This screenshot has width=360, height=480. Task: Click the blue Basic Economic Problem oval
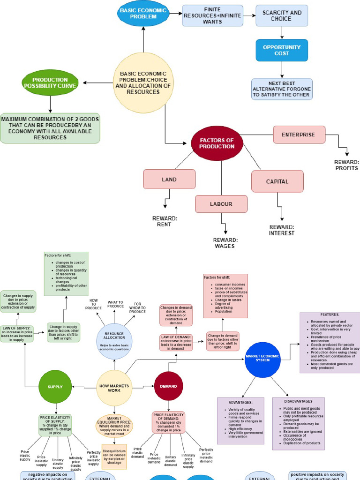tap(143, 14)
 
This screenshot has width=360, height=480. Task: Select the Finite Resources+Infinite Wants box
tap(212, 15)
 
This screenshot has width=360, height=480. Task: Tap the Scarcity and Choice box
tap(282, 15)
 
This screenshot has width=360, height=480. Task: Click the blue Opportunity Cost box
tap(282, 50)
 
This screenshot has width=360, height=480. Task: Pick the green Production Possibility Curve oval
tap(50, 83)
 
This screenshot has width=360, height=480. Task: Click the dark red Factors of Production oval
tap(217, 143)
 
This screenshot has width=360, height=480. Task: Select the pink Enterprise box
tap(299, 135)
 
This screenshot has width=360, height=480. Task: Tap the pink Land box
tap(169, 179)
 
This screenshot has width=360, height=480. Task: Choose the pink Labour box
tap(221, 204)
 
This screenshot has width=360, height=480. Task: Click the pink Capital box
tap(277, 181)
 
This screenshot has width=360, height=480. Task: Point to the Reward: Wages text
tap(225, 243)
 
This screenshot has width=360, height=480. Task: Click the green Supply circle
tap(54, 387)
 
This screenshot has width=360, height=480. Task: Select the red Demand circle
tap(168, 386)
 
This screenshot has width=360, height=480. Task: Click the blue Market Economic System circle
tap(262, 359)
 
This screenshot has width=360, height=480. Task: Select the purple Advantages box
tap(241, 420)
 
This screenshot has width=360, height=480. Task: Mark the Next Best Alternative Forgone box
tap(282, 89)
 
